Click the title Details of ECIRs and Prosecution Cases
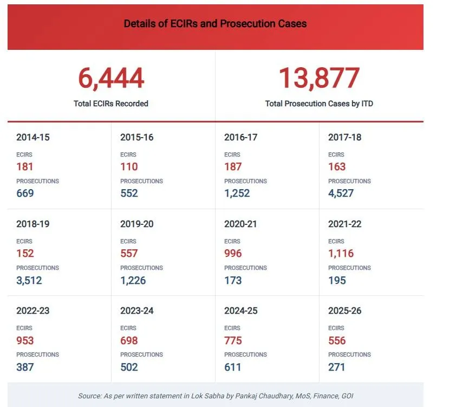click(x=215, y=24)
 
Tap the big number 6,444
click(x=111, y=79)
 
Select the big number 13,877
click(x=319, y=79)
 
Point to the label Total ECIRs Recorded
click(x=111, y=104)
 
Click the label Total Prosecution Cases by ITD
click(x=319, y=104)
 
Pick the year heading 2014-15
click(x=32, y=138)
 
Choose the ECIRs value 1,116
click(x=341, y=254)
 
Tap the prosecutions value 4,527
click(x=341, y=193)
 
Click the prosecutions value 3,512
click(x=29, y=281)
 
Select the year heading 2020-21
click(x=240, y=224)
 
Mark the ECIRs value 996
click(x=233, y=254)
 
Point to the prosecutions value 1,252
click(x=237, y=193)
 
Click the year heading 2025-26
click(x=344, y=311)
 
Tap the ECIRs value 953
click(x=25, y=341)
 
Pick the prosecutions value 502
click(x=129, y=367)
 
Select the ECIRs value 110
click(x=129, y=167)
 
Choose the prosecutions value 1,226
click(x=133, y=281)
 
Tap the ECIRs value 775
click(x=233, y=341)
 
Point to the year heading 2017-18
click(x=344, y=138)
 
